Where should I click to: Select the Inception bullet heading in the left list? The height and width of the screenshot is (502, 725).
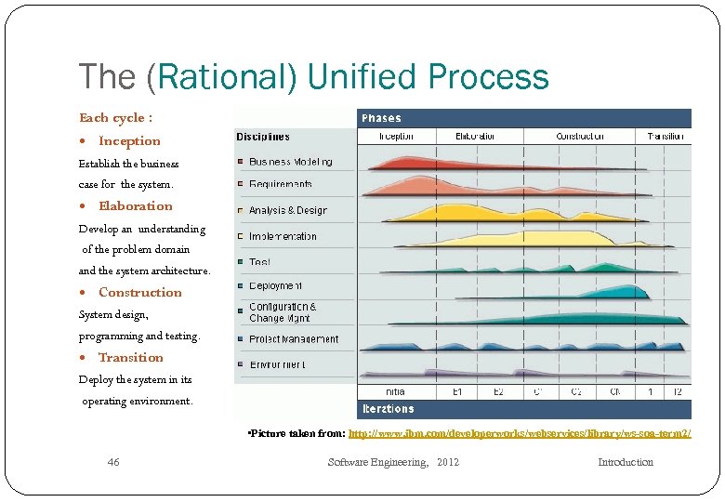tap(129, 141)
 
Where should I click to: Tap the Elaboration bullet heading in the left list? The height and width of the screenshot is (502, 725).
tap(136, 206)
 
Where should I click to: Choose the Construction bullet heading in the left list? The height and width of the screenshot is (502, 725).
tap(140, 292)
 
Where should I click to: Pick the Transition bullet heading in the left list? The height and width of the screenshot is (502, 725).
tap(131, 357)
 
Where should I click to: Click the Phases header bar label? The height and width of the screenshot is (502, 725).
tap(382, 118)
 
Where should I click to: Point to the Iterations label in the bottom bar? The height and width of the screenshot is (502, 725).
tap(388, 409)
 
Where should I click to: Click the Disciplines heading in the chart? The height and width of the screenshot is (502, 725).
tap(263, 137)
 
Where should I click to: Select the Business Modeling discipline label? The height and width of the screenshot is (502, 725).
tap(290, 162)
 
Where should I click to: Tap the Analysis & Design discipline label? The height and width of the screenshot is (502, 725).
tap(288, 211)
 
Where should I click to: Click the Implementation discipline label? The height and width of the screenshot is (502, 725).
tap(283, 236)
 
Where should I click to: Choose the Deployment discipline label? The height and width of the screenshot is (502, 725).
tap(275, 286)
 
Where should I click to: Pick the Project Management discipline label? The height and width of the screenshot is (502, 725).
tap(294, 339)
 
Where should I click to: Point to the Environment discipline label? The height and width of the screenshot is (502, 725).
tap(277, 365)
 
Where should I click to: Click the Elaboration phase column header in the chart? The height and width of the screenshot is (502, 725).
tap(475, 137)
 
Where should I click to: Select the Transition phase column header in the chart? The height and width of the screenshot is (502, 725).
tap(666, 137)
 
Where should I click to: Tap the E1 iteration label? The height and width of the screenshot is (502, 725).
tap(457, 392)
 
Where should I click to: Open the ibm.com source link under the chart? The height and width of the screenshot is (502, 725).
tap(520, 434)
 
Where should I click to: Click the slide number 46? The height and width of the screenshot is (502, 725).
tap(113, 462)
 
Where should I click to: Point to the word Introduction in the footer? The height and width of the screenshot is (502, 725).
tap(625, 462)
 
